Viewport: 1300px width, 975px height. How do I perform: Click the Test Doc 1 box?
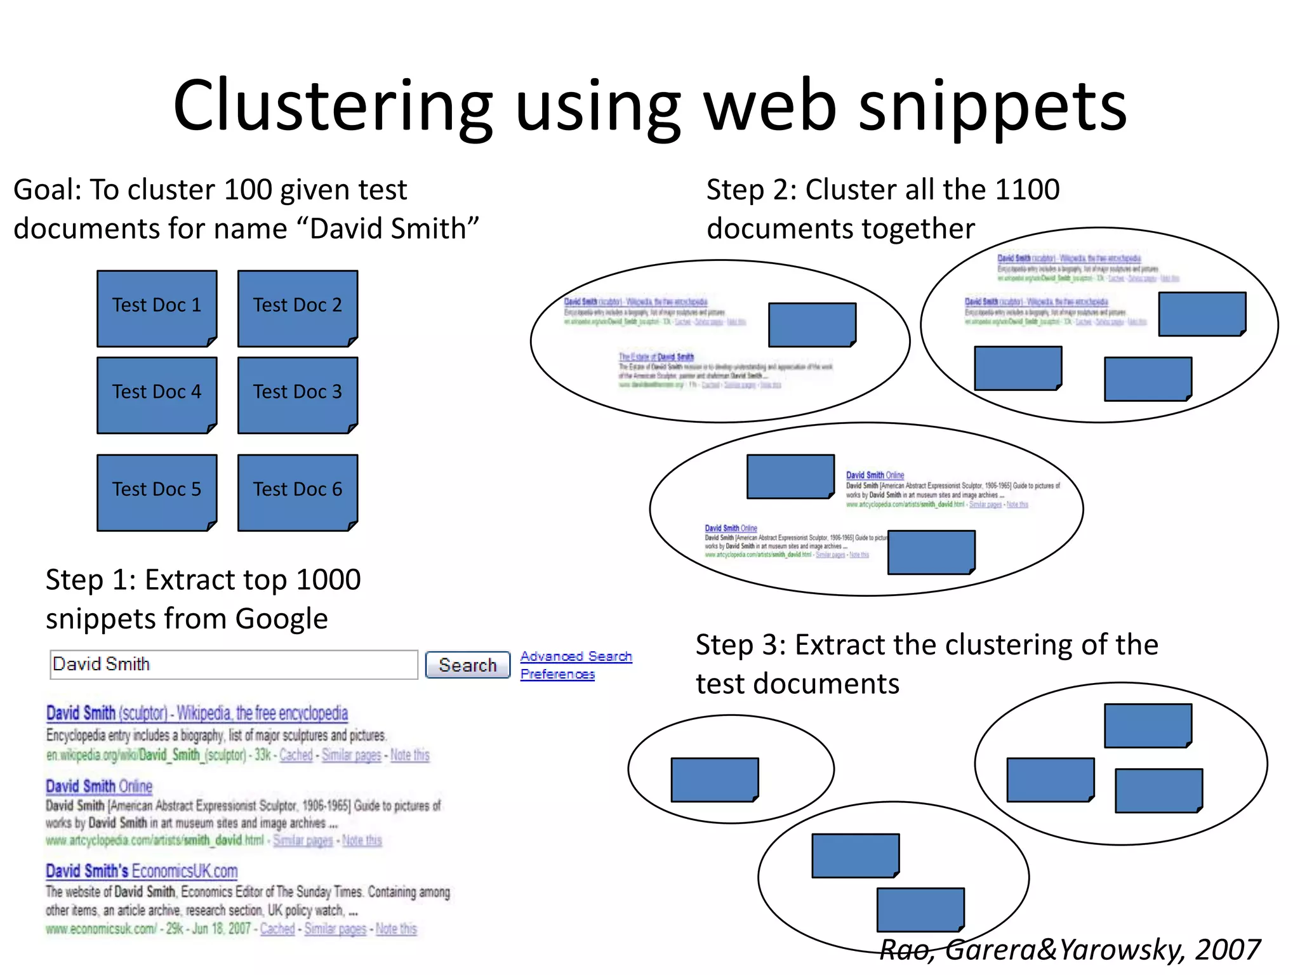pos(157,308)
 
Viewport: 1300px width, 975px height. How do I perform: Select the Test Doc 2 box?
pos(298,308)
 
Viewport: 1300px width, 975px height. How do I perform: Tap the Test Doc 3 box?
pos(298,395)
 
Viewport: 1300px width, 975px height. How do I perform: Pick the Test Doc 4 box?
pos(157,395)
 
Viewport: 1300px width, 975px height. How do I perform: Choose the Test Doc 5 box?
pos(157,492)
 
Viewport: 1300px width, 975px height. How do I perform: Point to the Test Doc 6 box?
pos(298,492)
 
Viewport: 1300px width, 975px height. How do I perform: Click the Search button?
pos(467,665)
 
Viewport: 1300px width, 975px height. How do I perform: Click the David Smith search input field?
pos(234,665)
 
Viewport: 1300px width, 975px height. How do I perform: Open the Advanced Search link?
pos(576,656)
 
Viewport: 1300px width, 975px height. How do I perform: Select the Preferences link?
pos(557,674)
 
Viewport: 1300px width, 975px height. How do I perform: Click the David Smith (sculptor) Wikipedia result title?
pos(197,713)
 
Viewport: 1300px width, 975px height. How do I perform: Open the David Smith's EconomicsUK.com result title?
pos(142,871)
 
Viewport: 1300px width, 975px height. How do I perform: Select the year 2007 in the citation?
pos(1228,950)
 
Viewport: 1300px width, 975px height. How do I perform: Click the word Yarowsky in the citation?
pos(1120,950)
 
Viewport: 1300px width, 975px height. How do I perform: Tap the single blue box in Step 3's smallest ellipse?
pos(715,779)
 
